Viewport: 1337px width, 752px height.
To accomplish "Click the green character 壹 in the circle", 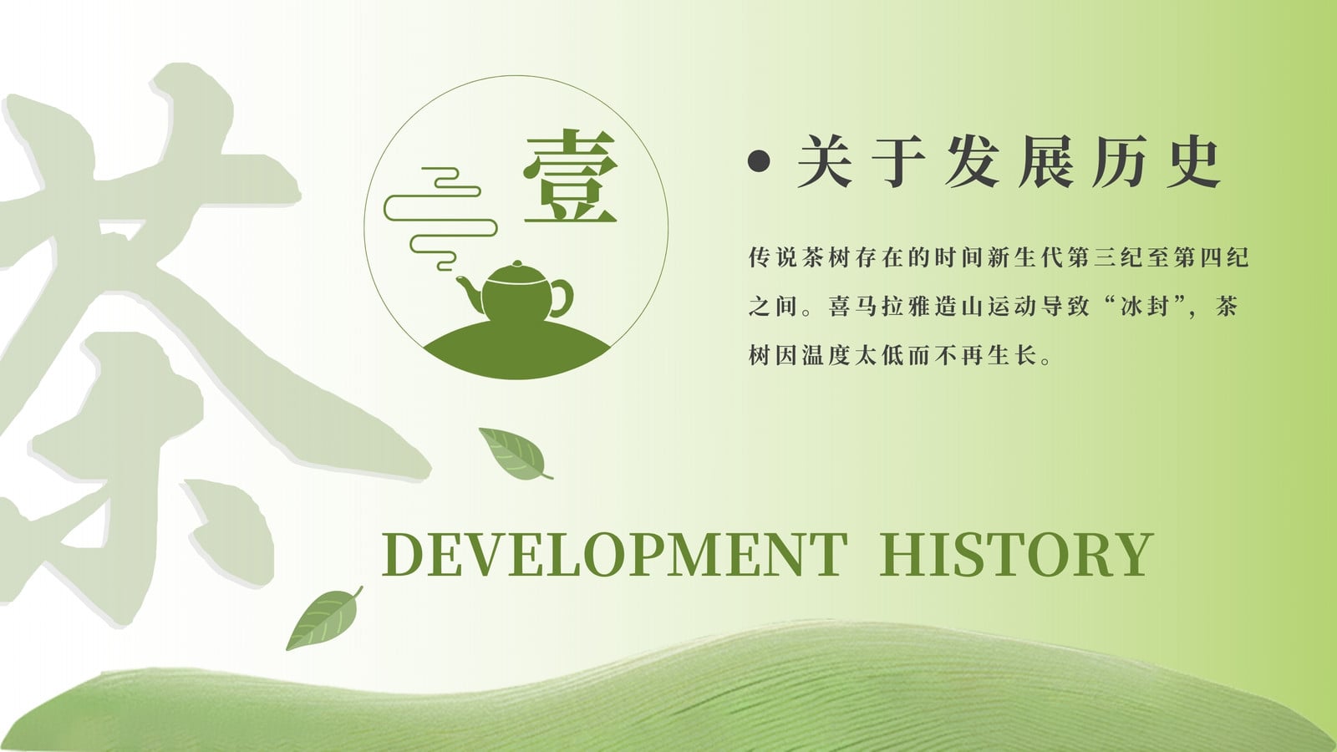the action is (x=570, y=176).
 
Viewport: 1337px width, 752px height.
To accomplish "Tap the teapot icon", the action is (x=516, y=292).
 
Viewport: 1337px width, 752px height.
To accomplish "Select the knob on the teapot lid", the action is (x=517, y=264).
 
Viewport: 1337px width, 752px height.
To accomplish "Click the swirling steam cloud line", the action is (x=440, y=218).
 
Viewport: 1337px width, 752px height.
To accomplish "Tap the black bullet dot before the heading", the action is (x=759, y=161).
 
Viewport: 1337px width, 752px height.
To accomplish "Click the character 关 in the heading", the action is (x=824, y=161).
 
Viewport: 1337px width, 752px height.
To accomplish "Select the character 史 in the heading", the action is (x=1193, y=161).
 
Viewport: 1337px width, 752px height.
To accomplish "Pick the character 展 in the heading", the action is (x=1045, y=161).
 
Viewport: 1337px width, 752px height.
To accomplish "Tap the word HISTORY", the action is (x=1016, y=555).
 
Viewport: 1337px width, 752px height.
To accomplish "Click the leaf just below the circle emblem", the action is (x=515, y=454).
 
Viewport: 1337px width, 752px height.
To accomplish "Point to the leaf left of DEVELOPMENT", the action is (x=324, y=618).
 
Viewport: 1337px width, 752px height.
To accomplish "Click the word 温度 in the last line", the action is (x=826, y=356).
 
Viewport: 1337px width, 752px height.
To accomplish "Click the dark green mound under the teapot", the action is (x=517, y=352).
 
